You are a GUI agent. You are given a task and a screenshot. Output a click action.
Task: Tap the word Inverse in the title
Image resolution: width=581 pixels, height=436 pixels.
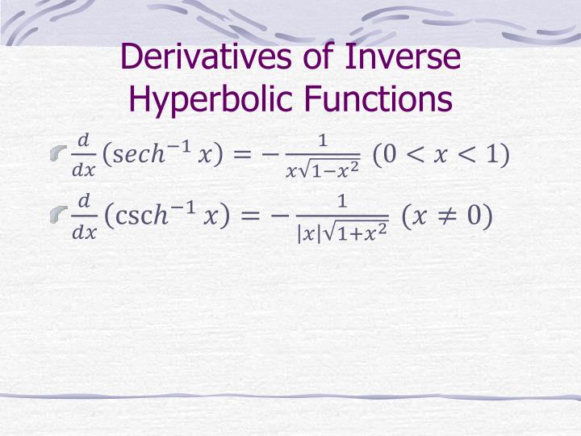[403, 58]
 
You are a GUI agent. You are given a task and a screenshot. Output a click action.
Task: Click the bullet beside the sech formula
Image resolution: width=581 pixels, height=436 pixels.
[56, 153]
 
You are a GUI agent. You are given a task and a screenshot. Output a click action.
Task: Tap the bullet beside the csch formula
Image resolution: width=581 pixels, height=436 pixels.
[56, 214]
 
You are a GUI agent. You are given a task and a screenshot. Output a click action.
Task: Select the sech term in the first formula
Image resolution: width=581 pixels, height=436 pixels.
[139, 154]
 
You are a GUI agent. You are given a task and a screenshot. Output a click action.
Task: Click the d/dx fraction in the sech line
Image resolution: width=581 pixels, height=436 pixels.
[83, 154]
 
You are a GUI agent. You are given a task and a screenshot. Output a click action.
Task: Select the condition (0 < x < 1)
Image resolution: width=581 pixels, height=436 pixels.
[441, 153]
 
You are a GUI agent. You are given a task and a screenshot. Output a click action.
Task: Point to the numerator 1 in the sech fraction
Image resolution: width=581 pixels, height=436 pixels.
[323, 141]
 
